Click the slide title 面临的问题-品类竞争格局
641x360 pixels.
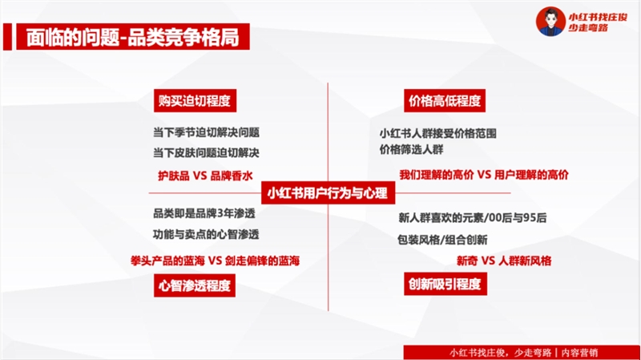(133, 37)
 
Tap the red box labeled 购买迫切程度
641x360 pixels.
(195, 101)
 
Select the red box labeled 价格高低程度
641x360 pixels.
(445, 101)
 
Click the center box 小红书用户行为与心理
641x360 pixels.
(328, 193)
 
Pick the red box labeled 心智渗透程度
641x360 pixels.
(195, 285)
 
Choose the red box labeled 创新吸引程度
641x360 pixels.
(445, 284)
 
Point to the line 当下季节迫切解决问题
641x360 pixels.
(207, 132)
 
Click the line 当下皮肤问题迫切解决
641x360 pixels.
(207, 153)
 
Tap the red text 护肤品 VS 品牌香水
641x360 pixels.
(205, 176)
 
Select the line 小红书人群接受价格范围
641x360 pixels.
(437, 133)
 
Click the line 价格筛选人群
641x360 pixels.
(411, 150)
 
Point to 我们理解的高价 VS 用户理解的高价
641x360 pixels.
(484, 175)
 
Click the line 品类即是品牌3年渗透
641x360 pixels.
(204, 213)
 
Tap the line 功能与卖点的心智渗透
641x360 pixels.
(206, 234)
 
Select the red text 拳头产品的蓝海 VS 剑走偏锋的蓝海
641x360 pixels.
(215, 261)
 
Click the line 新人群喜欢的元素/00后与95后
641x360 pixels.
(473, 217)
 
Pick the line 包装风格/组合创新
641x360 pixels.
(442, 239)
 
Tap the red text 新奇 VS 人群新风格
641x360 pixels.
(504, 261)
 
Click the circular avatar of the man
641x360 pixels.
(550, 22)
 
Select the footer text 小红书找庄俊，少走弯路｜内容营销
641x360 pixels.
(524, 353)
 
